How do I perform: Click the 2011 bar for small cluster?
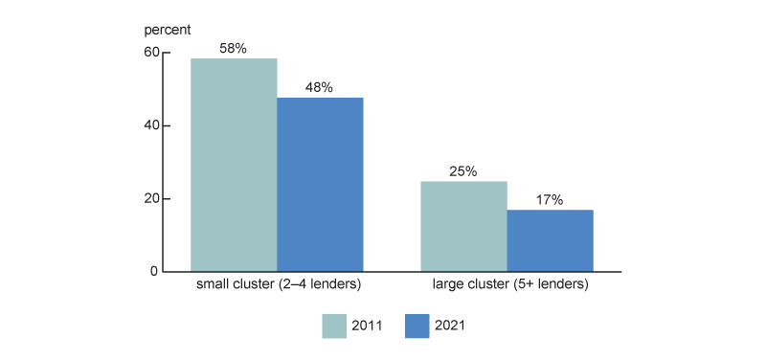tap(234, 165)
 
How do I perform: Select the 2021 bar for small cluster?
tap(320, 185)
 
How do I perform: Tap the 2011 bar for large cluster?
tap(463, 226)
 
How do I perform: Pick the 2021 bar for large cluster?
tap(550, 240)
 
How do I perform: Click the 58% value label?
tap(234, 46)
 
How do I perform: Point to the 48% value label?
tap(320, 87)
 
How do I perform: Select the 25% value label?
tap(463, 170)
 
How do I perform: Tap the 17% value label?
tap(550, 199)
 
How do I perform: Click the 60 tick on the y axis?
tap(150, 52)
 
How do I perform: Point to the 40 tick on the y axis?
tap(150, 125)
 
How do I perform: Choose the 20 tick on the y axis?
tap(150, 199)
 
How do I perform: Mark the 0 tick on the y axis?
tap(153, 272)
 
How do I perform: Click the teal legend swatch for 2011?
tap(335, 326)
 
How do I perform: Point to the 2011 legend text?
tap(368, 326)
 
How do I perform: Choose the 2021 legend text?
tap(452, 326)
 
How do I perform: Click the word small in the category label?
tap(213, 285)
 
